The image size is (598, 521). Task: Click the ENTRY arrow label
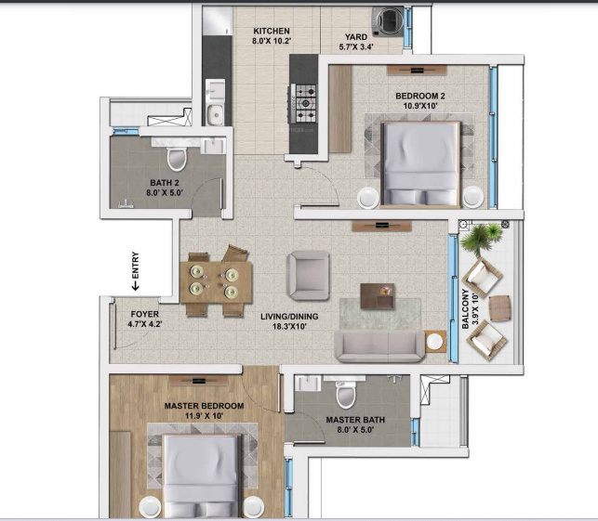[x=136, y=271]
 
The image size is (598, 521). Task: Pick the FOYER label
[x=144, y=314]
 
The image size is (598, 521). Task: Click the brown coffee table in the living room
[x=377, y=294]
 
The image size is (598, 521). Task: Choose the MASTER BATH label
[x=354, y=420]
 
